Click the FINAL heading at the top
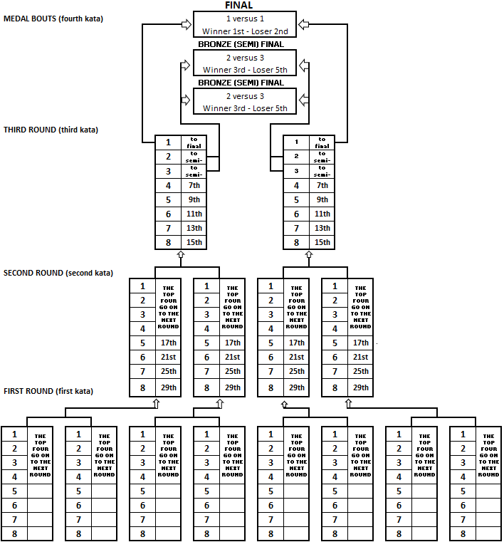tap(238, 5)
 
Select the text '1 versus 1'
tap(245, 19)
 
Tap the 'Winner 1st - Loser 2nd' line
tap(245, 31)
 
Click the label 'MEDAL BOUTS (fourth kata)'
tap(53, 19)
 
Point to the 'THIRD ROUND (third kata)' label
tap(51, 130)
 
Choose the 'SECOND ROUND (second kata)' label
tap(58, 273)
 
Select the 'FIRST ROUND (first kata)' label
tap(48, 391)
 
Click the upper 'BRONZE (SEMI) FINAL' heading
tap(241, 44)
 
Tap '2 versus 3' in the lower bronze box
tap(245, 96)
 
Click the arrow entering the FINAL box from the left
tap(187, 24)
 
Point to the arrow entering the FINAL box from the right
tap(303, 24)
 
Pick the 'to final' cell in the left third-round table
tap(194, 142)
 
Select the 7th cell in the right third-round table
tap(322, 186)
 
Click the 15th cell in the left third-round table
tap(194, 243)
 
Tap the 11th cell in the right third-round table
tap(322, 214)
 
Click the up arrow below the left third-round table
tap(181, 255)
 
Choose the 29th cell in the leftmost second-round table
tap(168, 388)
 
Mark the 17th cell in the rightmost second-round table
tap(361, 343)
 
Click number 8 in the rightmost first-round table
tap(463, 534)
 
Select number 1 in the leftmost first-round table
tap(14, 434)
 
